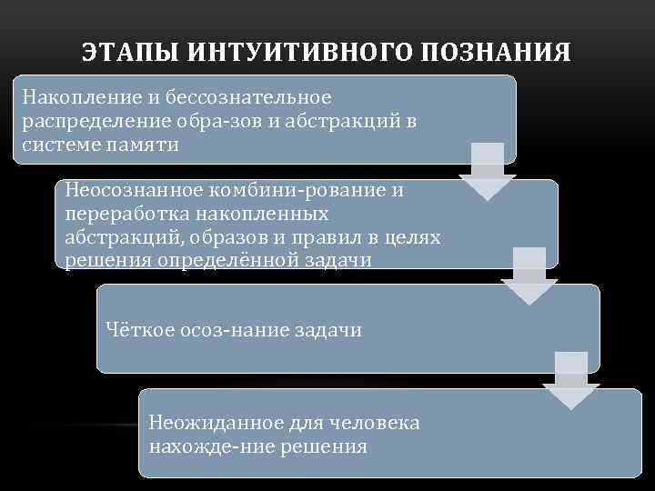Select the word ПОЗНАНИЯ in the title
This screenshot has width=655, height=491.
495,52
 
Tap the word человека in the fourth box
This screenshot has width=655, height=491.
371,424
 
